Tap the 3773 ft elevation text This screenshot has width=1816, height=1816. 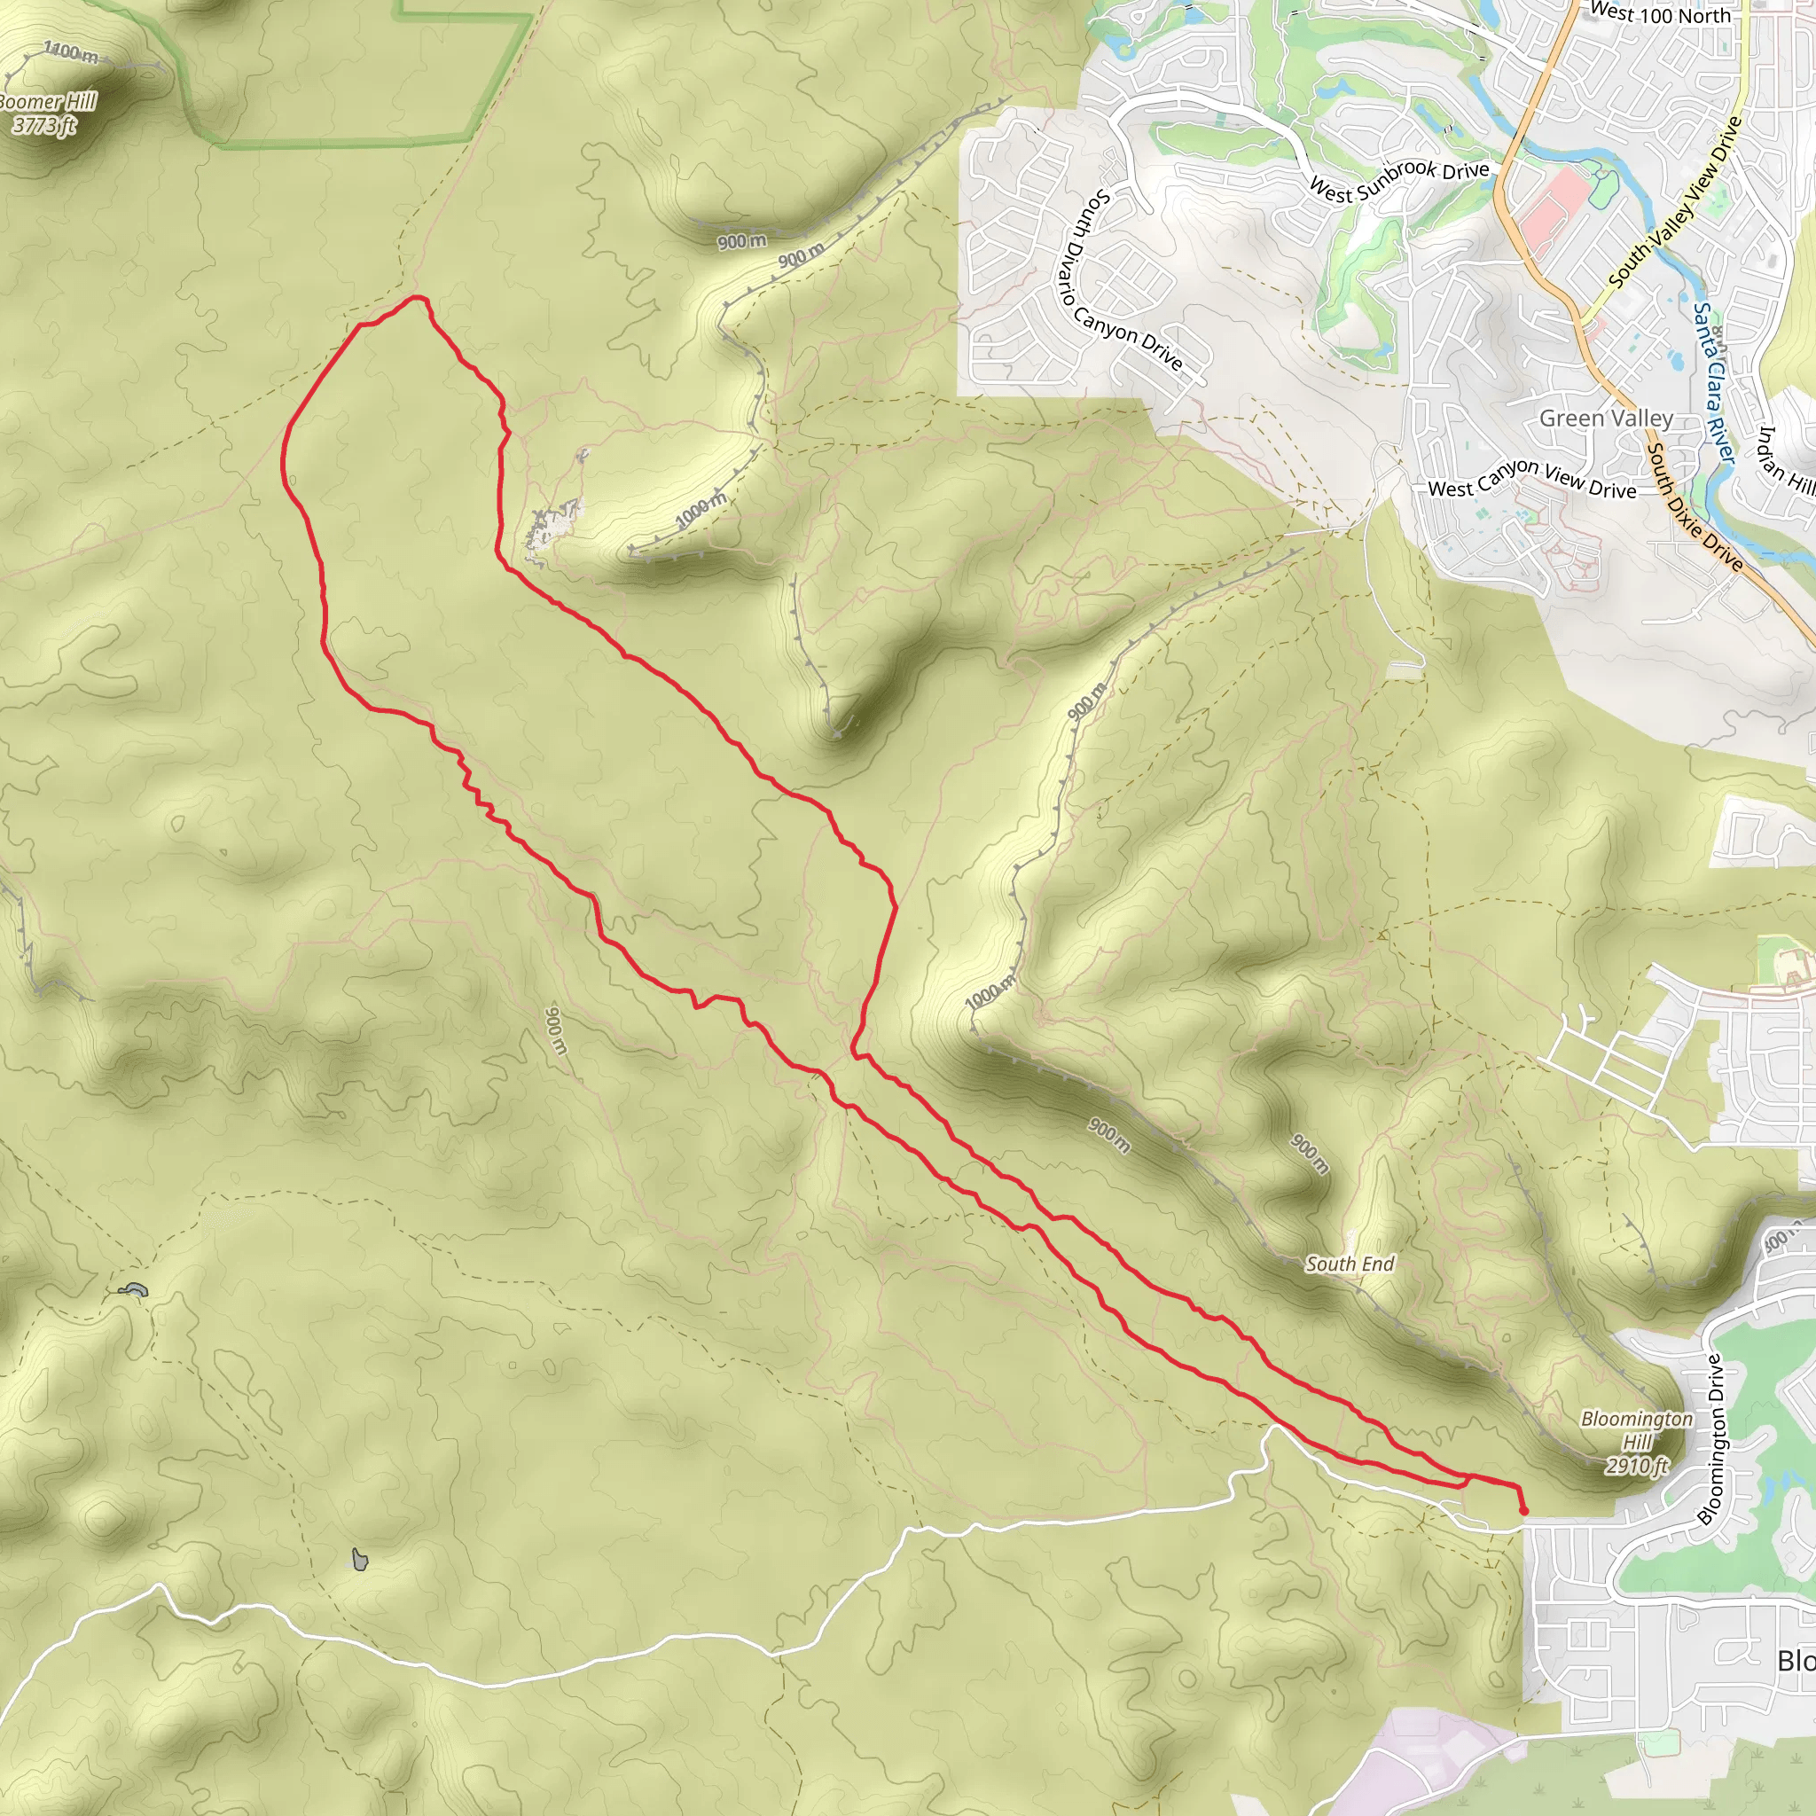tap(43, 125)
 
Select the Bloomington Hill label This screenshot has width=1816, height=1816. tap(1637, 1429)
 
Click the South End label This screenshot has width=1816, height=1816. tap(1349, 1264)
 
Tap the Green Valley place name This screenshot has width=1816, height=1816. tap(1606, 419)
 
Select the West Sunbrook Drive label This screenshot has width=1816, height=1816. tap(1398, 181)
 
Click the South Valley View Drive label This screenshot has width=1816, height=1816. tap(1674, 203)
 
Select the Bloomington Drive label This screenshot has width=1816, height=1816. tap(1712, 1439)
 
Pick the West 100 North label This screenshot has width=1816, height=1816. tap(1659, 13)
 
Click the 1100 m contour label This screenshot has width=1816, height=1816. tap(71, 51)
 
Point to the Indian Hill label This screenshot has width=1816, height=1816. tap(1784, 459)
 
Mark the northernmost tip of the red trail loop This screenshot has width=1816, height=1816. tap(417, 298)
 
